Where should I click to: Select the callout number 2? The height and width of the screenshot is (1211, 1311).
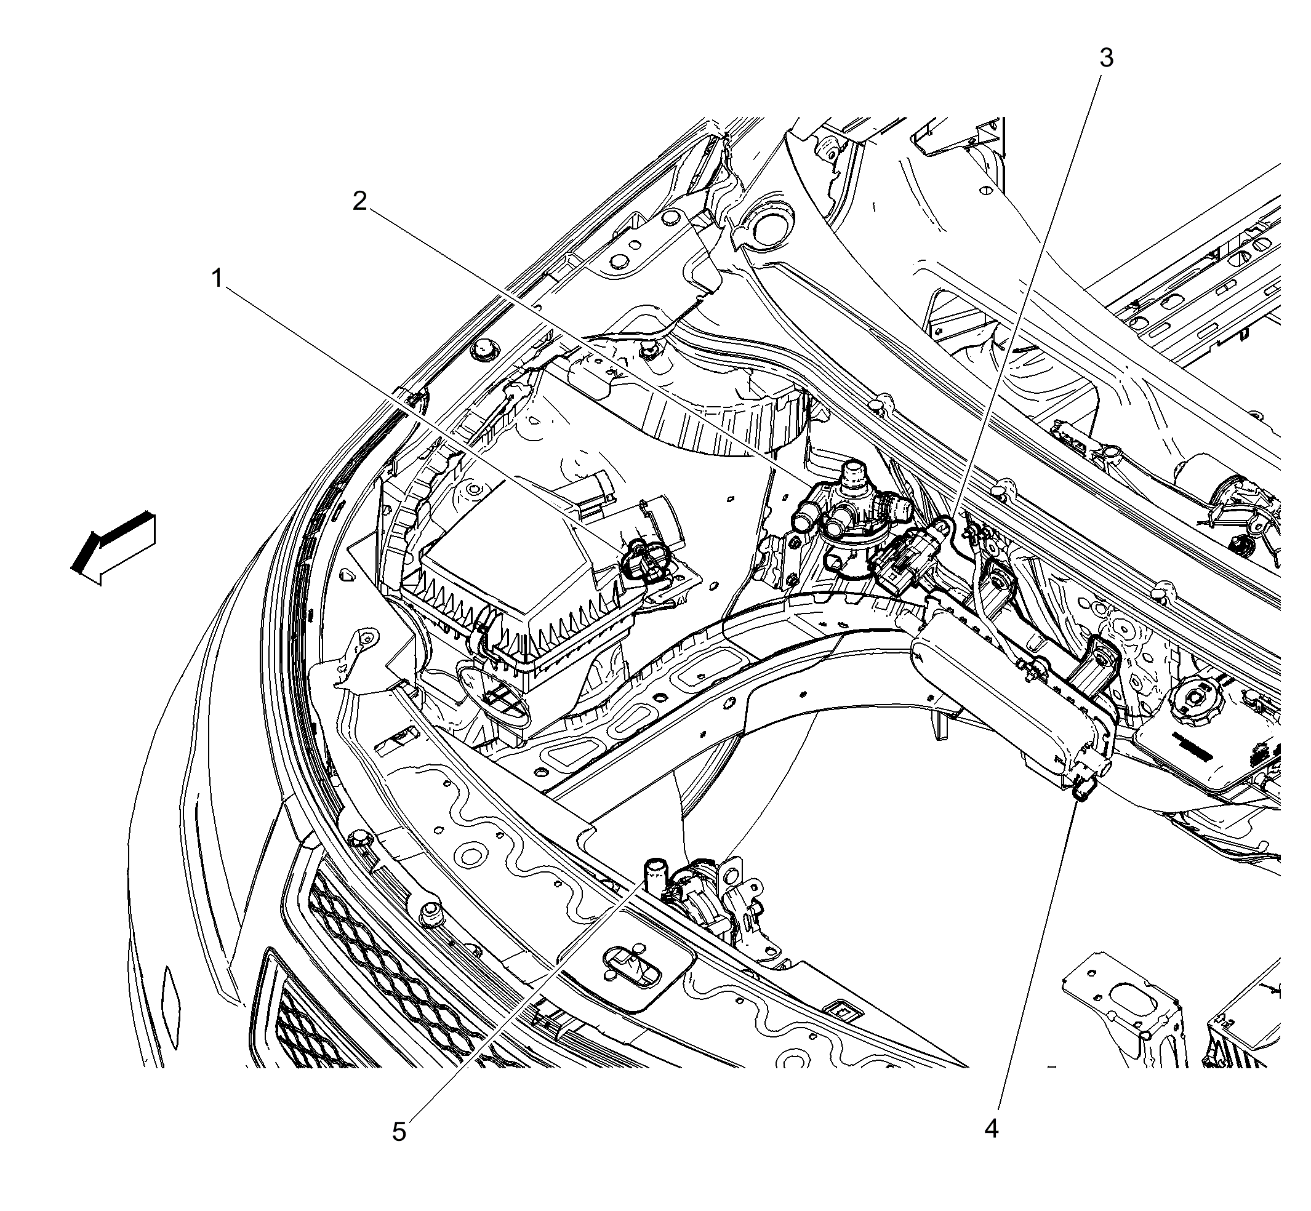359,201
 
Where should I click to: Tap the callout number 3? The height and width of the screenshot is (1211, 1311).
1106,58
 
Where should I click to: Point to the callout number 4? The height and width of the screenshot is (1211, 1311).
992,1129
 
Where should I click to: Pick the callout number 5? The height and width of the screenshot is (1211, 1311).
399,1132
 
